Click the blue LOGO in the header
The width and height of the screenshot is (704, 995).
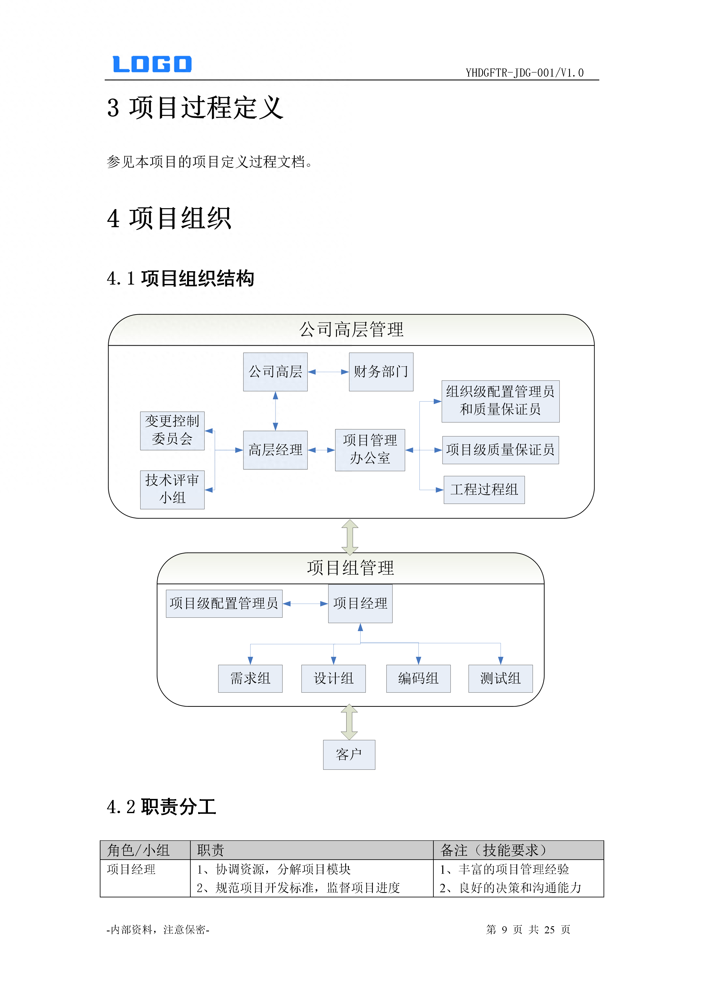click(152, 64)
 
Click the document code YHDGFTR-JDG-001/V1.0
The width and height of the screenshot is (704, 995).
click(525, 73)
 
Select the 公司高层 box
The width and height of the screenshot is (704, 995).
click(275, 372)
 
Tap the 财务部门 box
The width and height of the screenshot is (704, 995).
click(381, 372)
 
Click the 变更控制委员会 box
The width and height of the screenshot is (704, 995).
click(172, 431)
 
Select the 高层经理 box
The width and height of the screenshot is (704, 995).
click(275, 450)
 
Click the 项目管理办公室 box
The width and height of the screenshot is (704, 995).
click(370, 450)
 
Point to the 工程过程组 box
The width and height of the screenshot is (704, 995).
click(484, 490)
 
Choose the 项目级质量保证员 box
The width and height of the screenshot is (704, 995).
click(500, 450)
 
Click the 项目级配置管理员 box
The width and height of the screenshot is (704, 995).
click(224, 603)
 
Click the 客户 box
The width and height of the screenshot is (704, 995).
click(349, 754)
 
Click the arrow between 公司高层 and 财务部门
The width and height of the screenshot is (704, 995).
click(328, 372)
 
